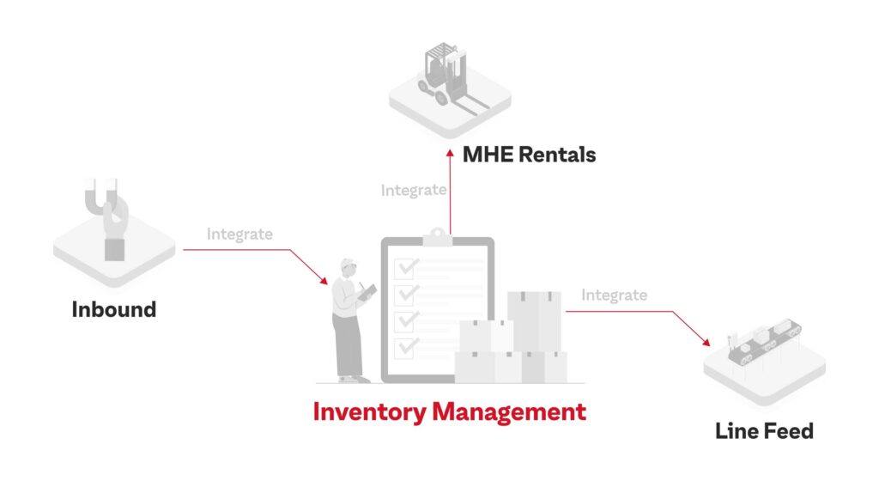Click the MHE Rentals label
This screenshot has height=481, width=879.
[529, 155]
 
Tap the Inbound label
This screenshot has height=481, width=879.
[114, 309]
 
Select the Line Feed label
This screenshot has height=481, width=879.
[764, 431]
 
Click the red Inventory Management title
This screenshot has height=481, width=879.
[450, 412]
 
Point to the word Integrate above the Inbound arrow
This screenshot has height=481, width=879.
[239, 234]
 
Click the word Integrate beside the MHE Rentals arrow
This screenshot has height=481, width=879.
[414, 191]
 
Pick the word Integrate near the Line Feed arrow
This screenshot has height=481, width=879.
[614, 295]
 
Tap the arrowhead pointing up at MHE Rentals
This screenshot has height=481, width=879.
[450, 153]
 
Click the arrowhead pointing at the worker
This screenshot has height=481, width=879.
[324, 280]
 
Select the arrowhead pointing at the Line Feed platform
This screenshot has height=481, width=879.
[706, 341]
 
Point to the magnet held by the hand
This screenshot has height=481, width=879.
[101, 196]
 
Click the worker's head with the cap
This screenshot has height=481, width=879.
[349, 268]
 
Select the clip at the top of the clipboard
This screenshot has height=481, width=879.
[437, 237]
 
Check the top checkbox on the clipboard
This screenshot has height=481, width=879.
[405, 269]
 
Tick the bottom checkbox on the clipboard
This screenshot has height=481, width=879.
[405, 348]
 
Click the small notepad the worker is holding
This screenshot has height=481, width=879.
[368, 292]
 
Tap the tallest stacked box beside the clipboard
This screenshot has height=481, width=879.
[534, 321]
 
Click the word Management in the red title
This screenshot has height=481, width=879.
[509, 412]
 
